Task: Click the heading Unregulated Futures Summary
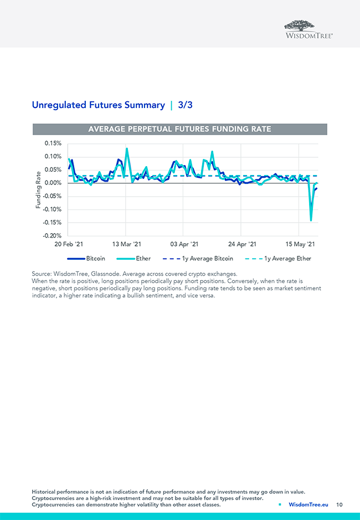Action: [x=98, y=105]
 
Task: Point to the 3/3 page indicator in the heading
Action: [x=185, y=105]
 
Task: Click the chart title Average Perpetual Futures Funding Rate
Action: [x=180, y=129]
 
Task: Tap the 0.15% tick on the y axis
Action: [x=53, y=143]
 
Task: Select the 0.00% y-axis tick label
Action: [x=53, y=183]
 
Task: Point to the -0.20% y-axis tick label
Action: [x=52, y=236]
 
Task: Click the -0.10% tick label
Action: [x=52, y=209]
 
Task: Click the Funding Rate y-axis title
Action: [x=38, y=189]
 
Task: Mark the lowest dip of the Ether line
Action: [x=311, y=220]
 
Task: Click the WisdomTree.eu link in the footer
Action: [x=308, y=504]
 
